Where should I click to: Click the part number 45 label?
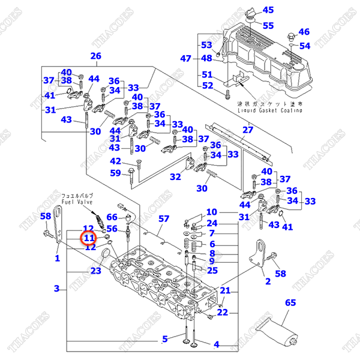[268, 10]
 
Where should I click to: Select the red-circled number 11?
[89, 238]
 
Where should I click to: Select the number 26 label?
[96, 56]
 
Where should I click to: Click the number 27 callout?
[248, 130]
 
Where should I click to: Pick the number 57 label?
[164, 220]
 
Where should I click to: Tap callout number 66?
[112, 217]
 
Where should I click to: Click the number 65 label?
[290, 303]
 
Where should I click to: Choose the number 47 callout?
[185, 58]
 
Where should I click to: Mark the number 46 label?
[304, 32]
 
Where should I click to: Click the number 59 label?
[115, 173]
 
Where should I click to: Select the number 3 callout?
[56, 289]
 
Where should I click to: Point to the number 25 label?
[212, 270]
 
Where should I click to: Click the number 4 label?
[217, 344]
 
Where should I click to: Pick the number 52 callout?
[207, 86]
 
